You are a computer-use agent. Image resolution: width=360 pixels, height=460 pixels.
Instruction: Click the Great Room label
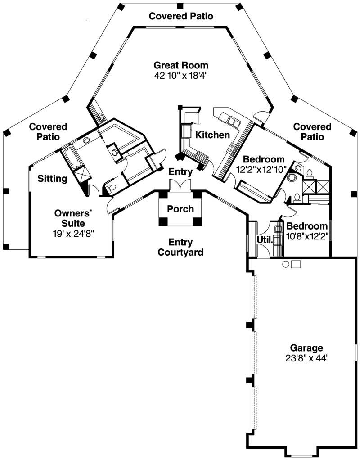coord(181,65)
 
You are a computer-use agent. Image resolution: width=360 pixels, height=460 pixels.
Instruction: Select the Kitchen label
coord(212,135)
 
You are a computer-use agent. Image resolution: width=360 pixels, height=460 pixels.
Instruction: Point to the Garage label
coord(306,348)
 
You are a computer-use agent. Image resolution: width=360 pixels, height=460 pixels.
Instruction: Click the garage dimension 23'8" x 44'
coord(306,358)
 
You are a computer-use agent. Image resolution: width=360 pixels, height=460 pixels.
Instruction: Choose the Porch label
coord(180,209)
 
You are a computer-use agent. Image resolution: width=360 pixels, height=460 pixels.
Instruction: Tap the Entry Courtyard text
coord(180,247)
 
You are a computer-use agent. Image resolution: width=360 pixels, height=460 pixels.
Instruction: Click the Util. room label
coord(265,240)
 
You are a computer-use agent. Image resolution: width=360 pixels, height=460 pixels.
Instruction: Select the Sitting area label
coord(52,179)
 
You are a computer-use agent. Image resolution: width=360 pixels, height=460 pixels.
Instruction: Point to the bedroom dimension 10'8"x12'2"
coord(307,235)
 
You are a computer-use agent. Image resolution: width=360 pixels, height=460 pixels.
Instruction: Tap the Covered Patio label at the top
coord(181,16)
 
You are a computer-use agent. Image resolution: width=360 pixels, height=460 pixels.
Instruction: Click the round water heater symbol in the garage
coord(285,264)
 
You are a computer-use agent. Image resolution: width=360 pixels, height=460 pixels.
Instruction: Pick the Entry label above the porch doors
coord(180,171)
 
